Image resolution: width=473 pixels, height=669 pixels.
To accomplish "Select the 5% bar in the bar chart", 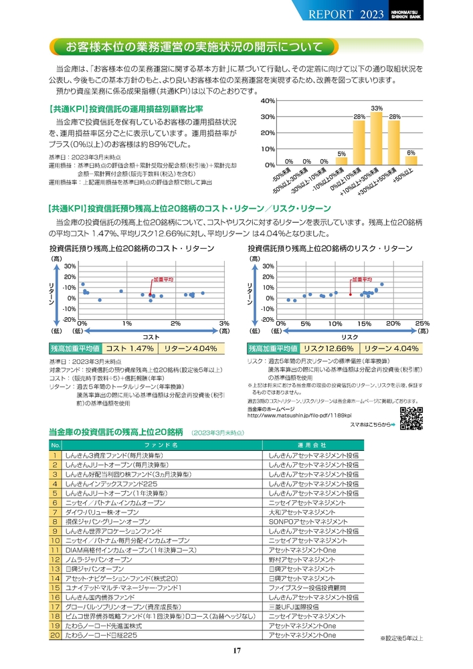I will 341,161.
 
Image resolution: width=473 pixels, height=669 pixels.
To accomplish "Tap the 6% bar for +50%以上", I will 411,161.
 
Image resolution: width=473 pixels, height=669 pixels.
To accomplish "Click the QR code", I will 412,418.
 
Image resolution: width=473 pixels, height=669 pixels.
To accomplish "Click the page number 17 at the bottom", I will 237,651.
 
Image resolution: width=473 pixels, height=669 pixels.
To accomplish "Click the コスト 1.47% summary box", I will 130,349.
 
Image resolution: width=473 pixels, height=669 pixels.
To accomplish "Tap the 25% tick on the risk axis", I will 422,323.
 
